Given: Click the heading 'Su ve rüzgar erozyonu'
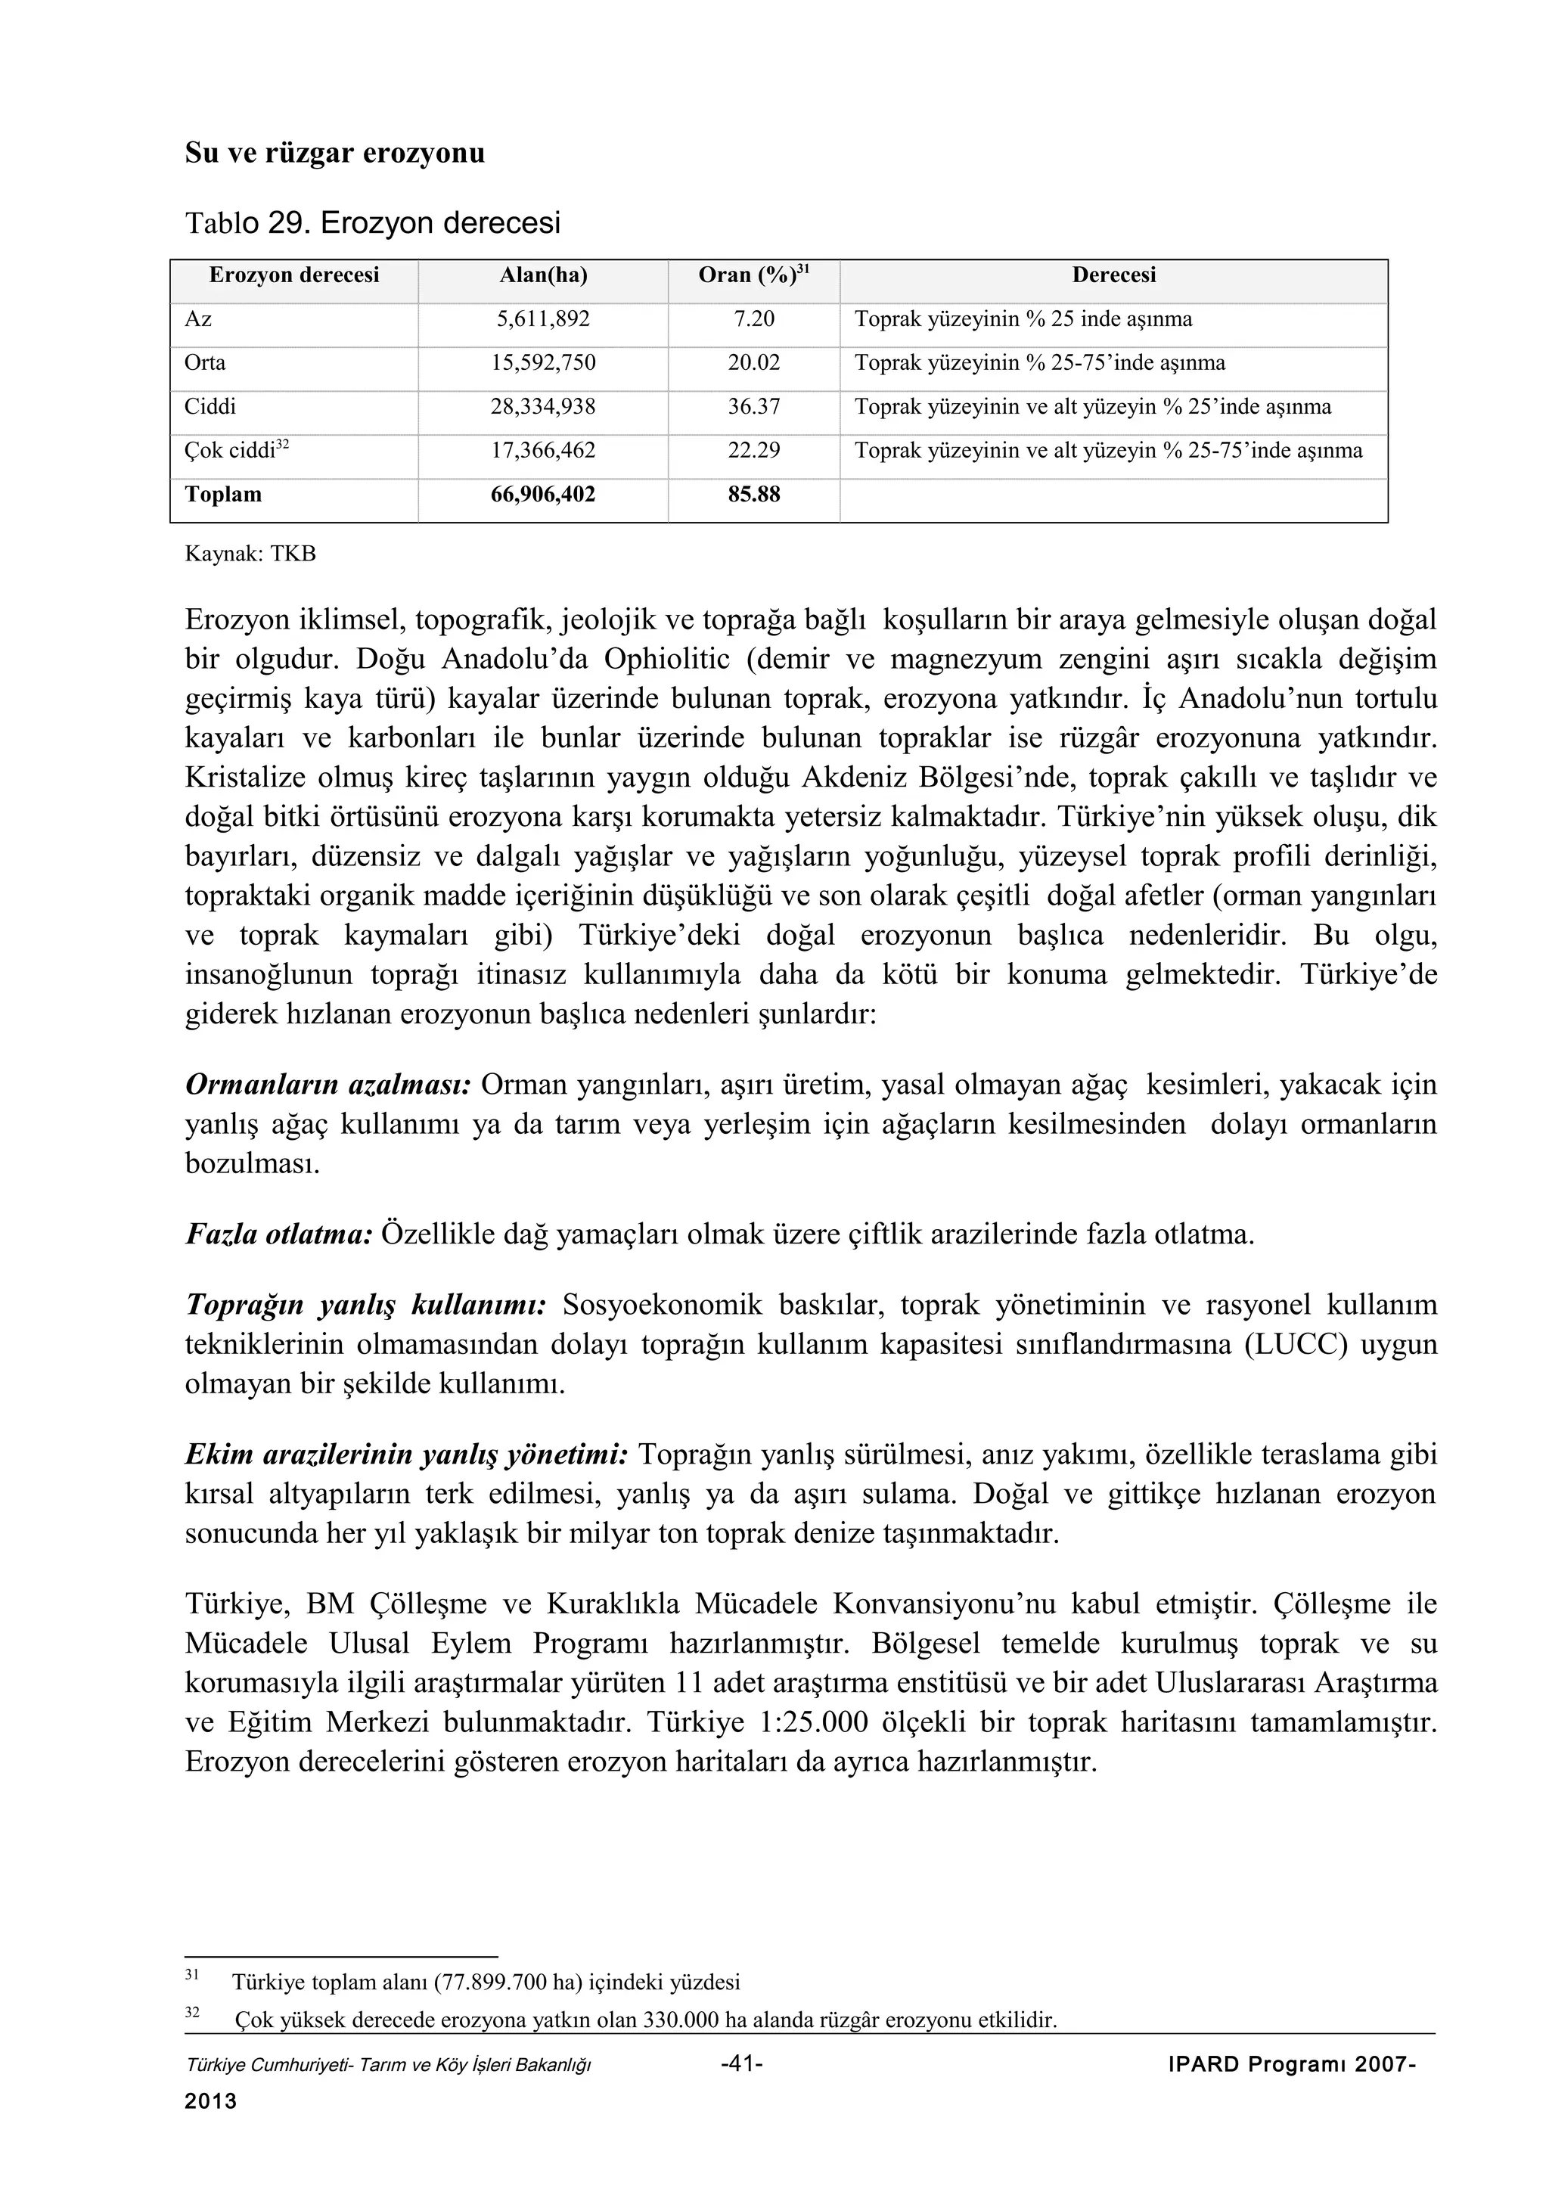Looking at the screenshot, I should click(334, 153).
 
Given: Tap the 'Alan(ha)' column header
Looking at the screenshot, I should click(543, 276).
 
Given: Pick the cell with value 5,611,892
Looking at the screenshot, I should click(543, 319).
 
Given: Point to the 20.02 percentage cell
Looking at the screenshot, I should click(753, 363).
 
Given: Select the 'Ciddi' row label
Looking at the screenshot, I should click(210, 407).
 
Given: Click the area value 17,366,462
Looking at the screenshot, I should click(543, 451).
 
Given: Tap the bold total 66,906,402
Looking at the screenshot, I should click(543, 495).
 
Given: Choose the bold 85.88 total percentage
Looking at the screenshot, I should click(753, 495).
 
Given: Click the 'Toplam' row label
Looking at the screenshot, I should click(223, 495).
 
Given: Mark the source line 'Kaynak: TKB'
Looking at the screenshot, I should click(250, 554).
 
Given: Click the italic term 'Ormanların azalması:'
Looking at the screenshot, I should click(328, 1085).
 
